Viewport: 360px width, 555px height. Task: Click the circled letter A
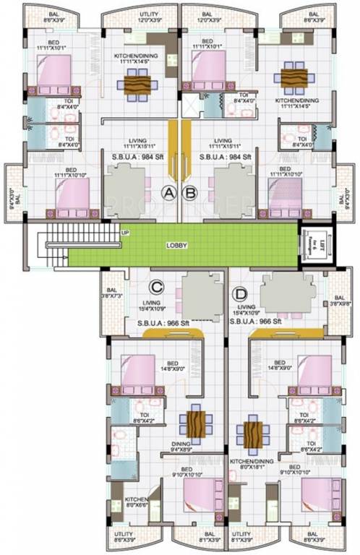tap(169, 193)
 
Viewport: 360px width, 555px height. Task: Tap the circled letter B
tap(191, 193)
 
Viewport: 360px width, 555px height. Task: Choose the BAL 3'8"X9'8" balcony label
tap(338, 301)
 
